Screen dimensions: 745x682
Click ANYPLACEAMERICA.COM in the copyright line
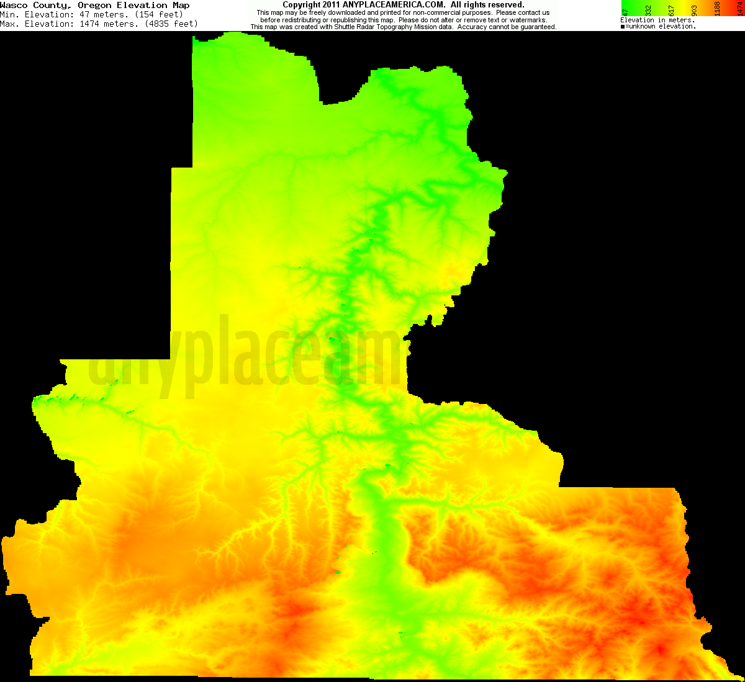pyautogui.click(x=394, y=5)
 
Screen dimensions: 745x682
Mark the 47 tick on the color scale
pyautogui.click(x=626, y=11)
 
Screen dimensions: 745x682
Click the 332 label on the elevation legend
pyautogui.click(x=649, y=10)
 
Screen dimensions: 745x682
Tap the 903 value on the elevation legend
pyautogui.click(x=694, y=10)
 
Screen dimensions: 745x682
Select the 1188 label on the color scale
pyautogui.click(x=717, y=9)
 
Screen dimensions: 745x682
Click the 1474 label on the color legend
pyautogui.click(x=739, y=9)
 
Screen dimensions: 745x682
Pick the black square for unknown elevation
pyautogui.click(x=623, y=27)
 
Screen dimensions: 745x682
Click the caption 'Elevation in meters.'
pyautogui.click(x=657, y=20)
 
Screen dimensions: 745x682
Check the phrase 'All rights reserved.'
pyautogui.click(x=487, y=5)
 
